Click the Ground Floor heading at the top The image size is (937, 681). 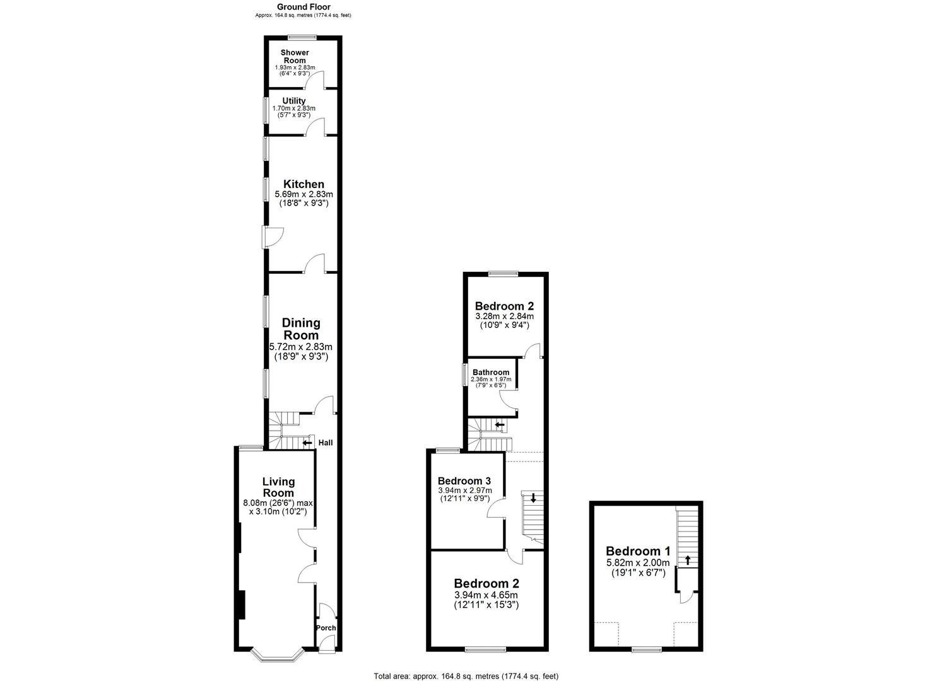pyautogui.click(x=303, y=7)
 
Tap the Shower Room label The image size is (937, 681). pyautogui.click(x=294, y=56)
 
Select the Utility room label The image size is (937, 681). pyautogui.click(x=294, y=101)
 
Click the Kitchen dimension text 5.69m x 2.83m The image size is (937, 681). pyautogui.click(x=303, y=194)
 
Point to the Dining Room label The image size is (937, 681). pyautogui.click(x=301, y=329)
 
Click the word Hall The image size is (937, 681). pyautogui.click(x=326, y=443)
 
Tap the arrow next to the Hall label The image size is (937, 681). pyautogui.click(x=307, y=443)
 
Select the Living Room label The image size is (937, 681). pyautogui.click(x=278, y=487)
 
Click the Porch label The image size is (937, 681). pyautogui.click(x=326, y=628)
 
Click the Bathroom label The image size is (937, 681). pyautogui.click(x=491, y=373)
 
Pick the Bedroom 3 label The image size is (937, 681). pyautogui.click(x=464, y=480)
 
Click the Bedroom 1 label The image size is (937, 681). pyautogui.click(x=638, y=550)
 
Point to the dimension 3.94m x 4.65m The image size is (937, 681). pyautogui.click(x=486, y=595)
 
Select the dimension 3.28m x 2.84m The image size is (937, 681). pyautogui.click(x=504, y=316)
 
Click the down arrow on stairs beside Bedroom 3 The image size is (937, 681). pyautogui.click(x=533, y=498)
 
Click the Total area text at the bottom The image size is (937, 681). pyautogui.click(x=466, y=676)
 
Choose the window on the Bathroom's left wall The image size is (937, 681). pyautogui.click(x=464, y=375)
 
